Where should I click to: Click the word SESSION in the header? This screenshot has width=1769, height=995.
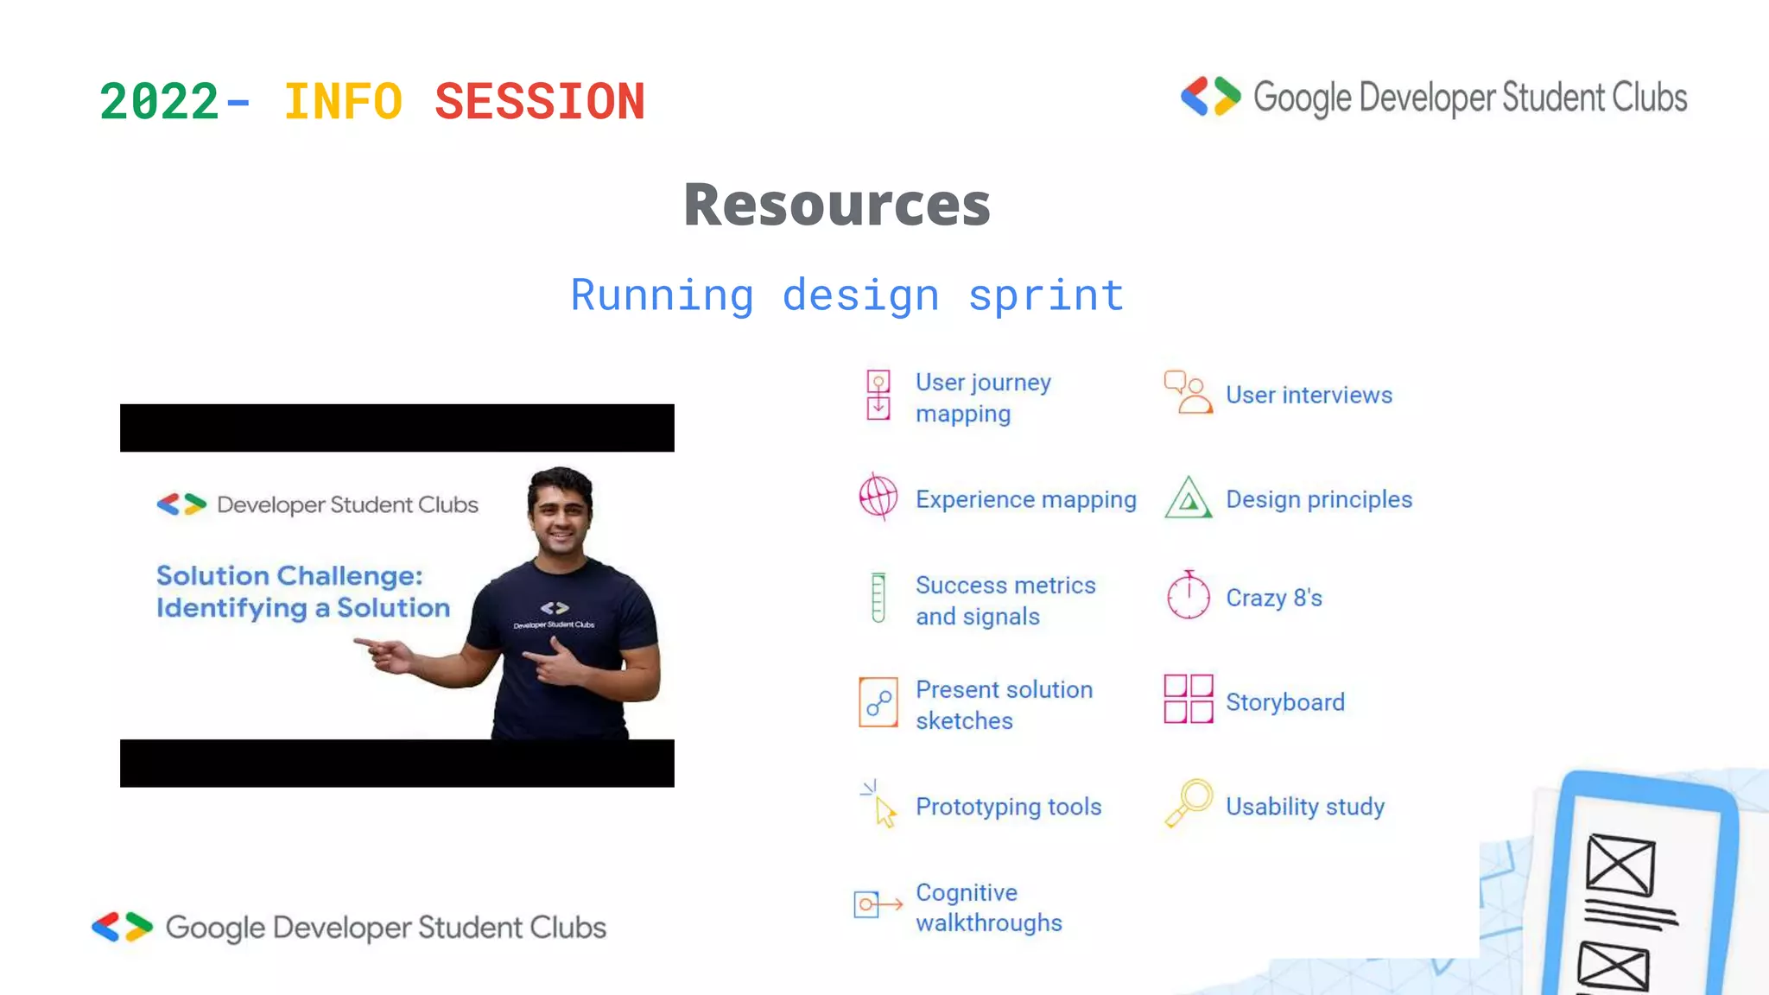[540, 102]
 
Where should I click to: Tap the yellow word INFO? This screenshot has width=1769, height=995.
[343, 102]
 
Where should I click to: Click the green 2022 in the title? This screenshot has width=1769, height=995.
[159, 102]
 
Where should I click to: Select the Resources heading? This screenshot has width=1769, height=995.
[837, 206]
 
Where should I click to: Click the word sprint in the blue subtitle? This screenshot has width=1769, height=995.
[1046, 295]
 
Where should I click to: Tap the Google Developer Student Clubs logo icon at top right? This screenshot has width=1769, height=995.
[1210, 97]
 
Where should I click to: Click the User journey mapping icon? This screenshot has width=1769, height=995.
[878, 395]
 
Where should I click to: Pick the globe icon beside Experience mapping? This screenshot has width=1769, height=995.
[878, 497]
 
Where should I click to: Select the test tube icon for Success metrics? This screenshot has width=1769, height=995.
[878, 598]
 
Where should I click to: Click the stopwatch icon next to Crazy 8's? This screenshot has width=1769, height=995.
[1189, 595]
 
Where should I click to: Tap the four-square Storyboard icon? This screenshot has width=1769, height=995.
[1189, 699]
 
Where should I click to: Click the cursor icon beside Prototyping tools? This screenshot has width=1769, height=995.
[880, 805]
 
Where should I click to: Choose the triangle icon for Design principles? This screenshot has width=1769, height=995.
[1189, 498]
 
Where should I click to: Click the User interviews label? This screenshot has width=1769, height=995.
[1309, 396]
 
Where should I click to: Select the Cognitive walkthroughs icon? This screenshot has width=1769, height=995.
[877, 904]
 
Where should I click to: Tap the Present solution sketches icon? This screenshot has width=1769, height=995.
[878, 702]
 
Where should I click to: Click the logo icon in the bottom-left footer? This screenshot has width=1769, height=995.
[122, 927]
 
